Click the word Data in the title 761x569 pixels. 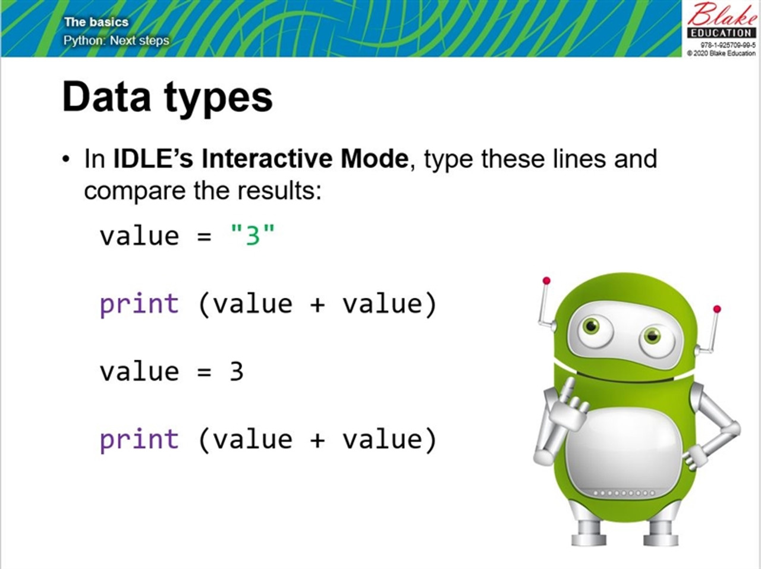coord(106,97)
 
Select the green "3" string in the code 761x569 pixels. coord(253,235)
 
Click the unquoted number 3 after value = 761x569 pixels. coord(237,372)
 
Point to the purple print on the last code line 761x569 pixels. coord(139,440)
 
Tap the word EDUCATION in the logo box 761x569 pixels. coord(721,33)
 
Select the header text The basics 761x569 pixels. coord(96,22)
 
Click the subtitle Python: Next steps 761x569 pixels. coord(116,40)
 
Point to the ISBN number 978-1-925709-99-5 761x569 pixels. coord(728,45)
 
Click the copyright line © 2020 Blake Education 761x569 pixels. coord(721,53)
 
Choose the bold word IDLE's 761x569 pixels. coord(153,159)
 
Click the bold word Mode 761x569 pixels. coord(374,159)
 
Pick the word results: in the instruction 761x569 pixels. coord(279,191)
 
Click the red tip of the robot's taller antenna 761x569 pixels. coord(546,281)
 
